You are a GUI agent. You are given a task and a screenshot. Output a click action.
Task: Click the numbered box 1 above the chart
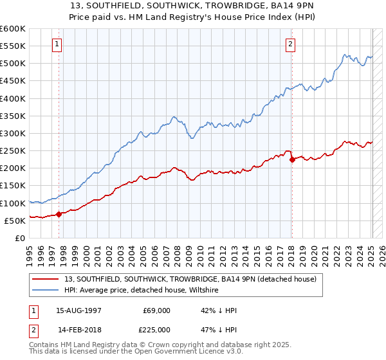pos(58,44)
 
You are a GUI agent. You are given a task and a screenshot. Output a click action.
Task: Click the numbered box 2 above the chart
pos(291,44)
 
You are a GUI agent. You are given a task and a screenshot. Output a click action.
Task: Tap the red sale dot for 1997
pos(59,214)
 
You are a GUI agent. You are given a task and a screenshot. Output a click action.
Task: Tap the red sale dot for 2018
pos(292,159)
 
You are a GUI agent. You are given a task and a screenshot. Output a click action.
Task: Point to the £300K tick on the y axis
pos(13,133)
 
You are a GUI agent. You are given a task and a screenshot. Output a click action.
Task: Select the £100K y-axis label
pos(13,203)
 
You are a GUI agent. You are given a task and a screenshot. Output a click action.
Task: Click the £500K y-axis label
pos(13,64)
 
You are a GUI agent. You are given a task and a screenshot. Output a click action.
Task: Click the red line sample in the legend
pos(45,280)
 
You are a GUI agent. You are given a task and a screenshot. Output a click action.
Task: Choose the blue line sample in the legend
pos(45,291)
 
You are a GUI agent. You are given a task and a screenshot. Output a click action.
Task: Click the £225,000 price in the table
pos(157,330)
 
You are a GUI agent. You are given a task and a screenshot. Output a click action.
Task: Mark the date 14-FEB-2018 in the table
pos(78,330)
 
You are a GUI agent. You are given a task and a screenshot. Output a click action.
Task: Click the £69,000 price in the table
pos(157,310)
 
